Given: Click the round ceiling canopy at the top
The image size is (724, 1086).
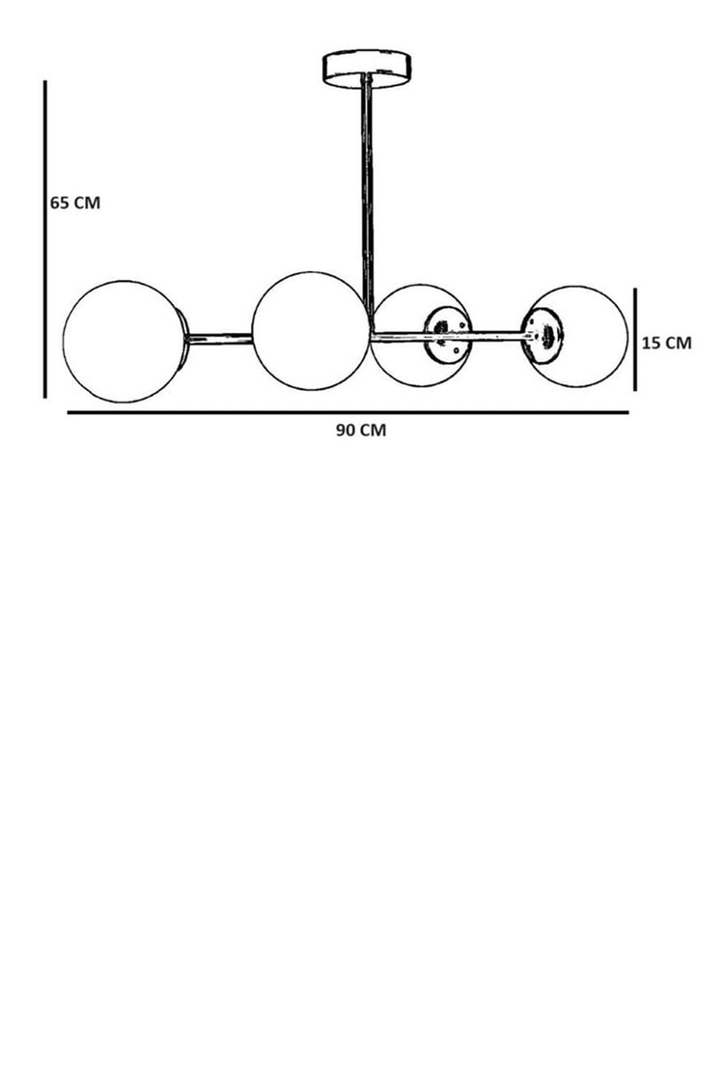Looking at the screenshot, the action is coord(367,68).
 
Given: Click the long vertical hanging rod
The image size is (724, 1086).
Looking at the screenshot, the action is coord(367,201).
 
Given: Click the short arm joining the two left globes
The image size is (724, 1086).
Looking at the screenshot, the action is coord(221,339).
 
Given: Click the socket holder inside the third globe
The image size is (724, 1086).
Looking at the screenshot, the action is coord(447,335).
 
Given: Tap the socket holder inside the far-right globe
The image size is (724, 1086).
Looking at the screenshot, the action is coord(543,335).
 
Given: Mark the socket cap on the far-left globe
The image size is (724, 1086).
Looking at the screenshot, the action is coord(181,340).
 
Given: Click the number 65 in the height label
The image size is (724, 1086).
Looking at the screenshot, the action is coord(59,203).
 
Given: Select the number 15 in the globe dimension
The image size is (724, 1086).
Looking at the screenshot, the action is coord(651,343).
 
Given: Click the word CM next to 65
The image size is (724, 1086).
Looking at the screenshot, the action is coord(87,203).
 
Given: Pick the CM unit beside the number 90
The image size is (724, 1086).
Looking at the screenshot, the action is coord(373,431).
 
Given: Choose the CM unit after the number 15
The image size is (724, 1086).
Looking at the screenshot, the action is coord(679,343).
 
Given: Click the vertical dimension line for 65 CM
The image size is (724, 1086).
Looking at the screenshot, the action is coord(45,239).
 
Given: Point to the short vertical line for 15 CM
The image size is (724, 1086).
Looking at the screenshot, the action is coord(634,340).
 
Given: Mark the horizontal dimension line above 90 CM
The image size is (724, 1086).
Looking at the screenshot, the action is coord(348,413).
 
